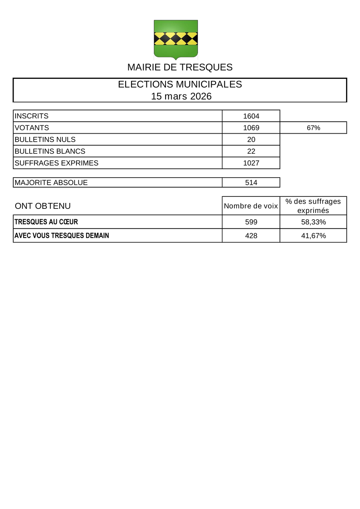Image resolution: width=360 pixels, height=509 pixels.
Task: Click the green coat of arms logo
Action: click(176, 39)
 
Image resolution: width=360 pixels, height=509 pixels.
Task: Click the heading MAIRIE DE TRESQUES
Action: click(180, 67)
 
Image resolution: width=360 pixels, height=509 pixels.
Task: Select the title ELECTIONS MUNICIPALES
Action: click(180, 84)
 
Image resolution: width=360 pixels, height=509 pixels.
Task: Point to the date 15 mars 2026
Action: click(181, 96)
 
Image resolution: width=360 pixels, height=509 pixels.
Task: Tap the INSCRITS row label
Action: click(32, 116)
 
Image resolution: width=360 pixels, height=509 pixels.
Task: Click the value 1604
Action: click(251, 116)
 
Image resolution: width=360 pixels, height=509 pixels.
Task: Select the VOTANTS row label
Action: click(32, 128)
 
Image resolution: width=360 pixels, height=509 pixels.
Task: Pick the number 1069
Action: click(251, 128)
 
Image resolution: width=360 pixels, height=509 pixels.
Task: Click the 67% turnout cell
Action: click(313, 128)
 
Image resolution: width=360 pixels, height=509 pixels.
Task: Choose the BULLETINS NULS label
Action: click(45, 140)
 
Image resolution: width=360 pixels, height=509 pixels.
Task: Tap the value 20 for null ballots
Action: click(251, 140)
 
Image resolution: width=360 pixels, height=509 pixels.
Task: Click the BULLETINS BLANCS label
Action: click(50, 151)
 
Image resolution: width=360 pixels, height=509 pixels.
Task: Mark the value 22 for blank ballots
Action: click(251, 151)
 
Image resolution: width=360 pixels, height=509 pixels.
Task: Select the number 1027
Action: click(251, 163)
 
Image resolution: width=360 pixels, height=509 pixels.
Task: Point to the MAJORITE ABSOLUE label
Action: click(51, 182)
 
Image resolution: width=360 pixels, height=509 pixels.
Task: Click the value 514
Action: click(251, 182)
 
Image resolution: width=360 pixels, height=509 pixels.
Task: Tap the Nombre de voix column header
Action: click(251, 206)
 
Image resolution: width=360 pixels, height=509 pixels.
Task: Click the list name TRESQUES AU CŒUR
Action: click(46, 222)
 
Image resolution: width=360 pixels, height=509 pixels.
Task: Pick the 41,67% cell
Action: click(313, 236)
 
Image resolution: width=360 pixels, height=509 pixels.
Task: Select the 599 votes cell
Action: click(251, 222)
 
